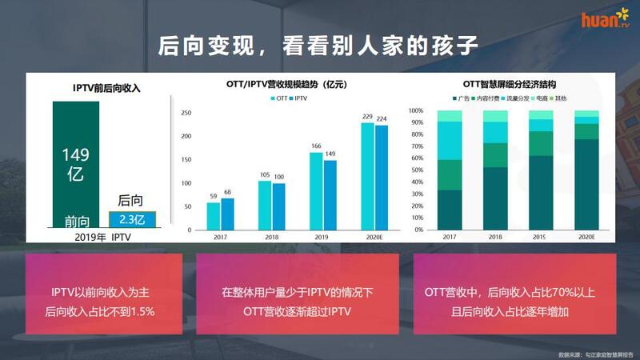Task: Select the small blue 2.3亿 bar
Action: click(x=130, y=218)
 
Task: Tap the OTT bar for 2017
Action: click(x=214, y=215)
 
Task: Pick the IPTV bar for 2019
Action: click(x=330, y=194)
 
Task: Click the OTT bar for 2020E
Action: click(x=368, y=175)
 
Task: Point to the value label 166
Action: click(x=316, y=146)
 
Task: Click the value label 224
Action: click(x=382, y=118)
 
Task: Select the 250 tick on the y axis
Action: click(x=186, y=113)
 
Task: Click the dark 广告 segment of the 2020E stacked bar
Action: click(x=586, y=184)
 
